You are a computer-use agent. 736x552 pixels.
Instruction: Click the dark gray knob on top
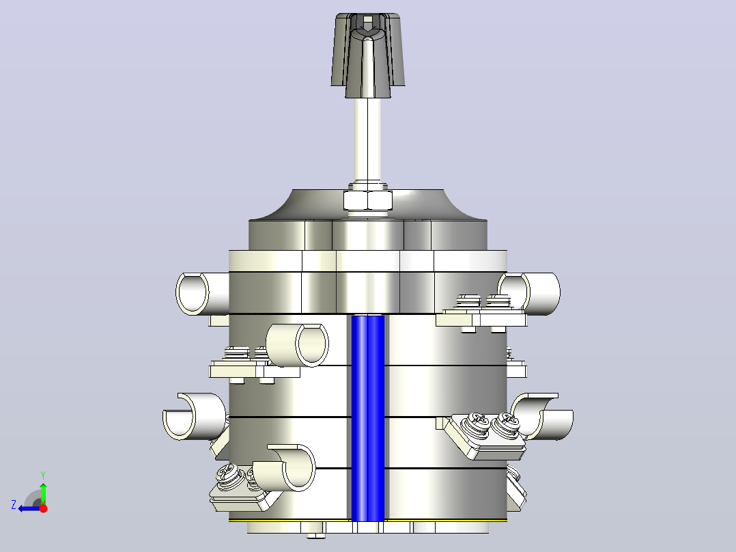[x=367, y=55]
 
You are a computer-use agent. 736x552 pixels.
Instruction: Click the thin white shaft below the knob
[x=367, y=141]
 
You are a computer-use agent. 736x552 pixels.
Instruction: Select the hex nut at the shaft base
[x=367, y=201]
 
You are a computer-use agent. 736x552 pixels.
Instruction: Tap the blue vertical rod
[x=368, y=418]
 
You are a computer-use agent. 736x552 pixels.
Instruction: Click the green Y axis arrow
[x=43, y=488]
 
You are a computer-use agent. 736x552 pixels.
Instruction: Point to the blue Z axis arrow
[x=29, y=508]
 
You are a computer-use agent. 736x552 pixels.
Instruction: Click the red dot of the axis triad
[x=44, y=508]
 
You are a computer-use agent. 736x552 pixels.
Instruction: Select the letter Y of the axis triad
[x=43, y=475]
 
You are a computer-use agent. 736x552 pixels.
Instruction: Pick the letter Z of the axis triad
[x=14, y=505]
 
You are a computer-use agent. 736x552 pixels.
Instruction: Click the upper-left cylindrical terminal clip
[x=202, y=293]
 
